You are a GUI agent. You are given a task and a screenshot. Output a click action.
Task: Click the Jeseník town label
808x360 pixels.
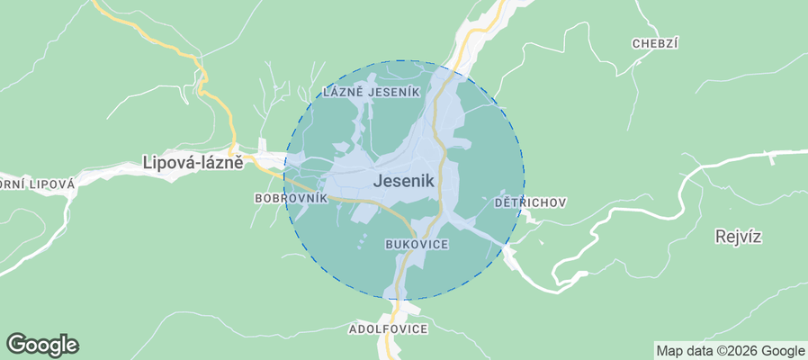[x=403, y=181]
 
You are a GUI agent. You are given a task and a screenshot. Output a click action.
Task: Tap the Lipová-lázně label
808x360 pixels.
[x=193, y=163]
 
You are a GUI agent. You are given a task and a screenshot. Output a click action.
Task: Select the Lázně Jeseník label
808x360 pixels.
[x=370, y=92]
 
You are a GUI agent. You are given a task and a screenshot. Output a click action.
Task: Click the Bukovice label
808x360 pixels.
[x=416, y=244]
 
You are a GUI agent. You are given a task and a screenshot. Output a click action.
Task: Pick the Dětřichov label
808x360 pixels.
[x=530, y=202]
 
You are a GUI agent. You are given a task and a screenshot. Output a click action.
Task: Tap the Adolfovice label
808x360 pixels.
[x=388, y=329]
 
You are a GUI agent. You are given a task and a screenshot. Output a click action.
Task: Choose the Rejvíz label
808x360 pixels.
[x=738, y=237]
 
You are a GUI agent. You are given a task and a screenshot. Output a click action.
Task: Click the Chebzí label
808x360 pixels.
[x=654, y=43]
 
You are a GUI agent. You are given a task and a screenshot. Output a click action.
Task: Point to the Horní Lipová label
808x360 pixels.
[x=36, y=183]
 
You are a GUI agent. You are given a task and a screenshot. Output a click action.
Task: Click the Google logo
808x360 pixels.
[x=42, y=344]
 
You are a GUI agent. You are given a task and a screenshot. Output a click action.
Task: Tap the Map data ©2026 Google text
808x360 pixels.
[x=730, y=351]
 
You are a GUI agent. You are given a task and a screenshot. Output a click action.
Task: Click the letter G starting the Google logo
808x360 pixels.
[x=16, y=344]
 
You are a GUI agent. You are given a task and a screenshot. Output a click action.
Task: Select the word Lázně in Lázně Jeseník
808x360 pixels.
[x=342, y=92]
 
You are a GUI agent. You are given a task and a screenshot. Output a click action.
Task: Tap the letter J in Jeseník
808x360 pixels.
[x=377, y=181]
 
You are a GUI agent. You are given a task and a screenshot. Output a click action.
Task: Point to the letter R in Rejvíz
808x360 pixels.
[x=719, y=237]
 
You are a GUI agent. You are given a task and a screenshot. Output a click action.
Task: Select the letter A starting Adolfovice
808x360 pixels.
[x=353, y=329]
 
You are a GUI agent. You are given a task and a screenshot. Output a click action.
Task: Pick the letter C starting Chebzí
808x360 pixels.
[x=636, y=43]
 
